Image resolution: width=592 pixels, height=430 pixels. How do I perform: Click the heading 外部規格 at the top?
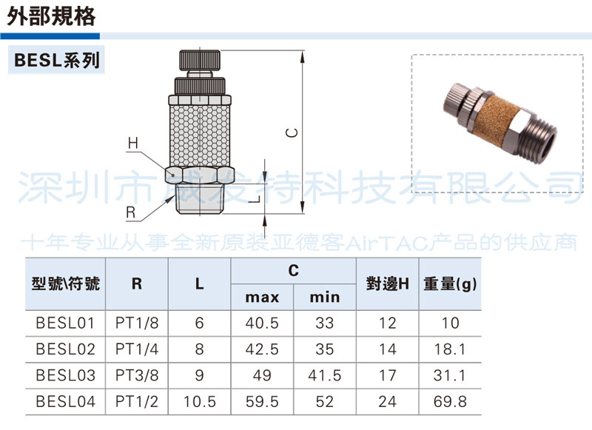coord(51,16)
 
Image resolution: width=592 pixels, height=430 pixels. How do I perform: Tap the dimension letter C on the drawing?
coord(292,132)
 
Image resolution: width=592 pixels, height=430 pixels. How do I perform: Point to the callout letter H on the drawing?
coord(132,142)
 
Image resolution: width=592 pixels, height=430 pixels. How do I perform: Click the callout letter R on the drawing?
coord(131,212)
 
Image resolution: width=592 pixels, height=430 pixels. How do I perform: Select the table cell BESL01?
coord(65,323)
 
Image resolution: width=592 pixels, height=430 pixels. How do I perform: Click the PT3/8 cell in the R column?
coord(137,375)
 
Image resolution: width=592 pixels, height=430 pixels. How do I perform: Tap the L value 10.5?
coord(199,401)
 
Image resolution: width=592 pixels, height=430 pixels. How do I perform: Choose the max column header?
coord(262,298)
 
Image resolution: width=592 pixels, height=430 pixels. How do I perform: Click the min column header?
coord(324,298)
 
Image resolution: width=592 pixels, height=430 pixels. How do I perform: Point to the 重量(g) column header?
coord(450,283)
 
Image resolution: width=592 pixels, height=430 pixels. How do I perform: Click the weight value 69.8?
coord(450,401)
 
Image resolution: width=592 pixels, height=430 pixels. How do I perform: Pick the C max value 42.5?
coord(262,349)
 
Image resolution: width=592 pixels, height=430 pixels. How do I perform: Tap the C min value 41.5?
coord(324,375)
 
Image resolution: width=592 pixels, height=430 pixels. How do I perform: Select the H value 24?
coord(387,401)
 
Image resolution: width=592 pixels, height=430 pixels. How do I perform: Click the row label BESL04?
coord(65,401)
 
